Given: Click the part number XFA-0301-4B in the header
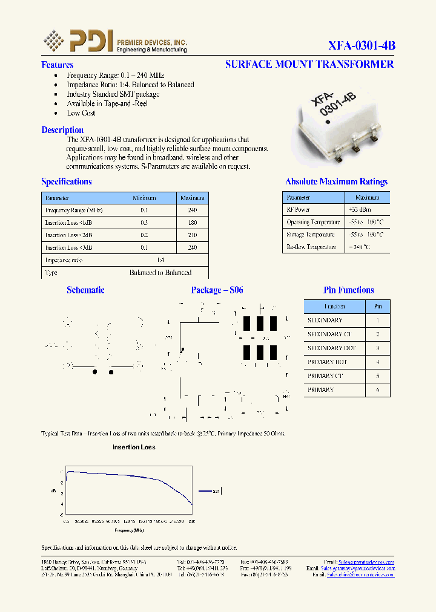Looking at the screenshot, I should pyautogui.click(x=362, y=45).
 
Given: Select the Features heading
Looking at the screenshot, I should pyautogui.click(x=57, y=65).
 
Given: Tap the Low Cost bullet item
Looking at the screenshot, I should pyautogui.click(x=81, y=113).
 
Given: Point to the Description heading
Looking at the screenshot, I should pyautogui.click(x=62, y=130).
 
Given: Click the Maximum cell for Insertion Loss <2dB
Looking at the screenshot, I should pyautogui.click(x=193, y=235).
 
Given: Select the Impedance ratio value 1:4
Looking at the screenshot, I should pyautogui.click(x=160, y=260).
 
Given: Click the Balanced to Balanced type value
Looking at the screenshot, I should pyautogui.click(x=160, y=273).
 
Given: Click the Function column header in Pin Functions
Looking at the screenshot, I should pyautogui.click(x=334, y=307).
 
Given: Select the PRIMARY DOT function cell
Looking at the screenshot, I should pyautogui.click(x=328, y=362).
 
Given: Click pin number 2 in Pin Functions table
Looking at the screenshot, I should pyautogui.click(x=378, y=334).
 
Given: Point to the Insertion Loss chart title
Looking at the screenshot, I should pyautogui.click(x=134, y=448).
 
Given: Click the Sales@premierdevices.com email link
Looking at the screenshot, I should pyautogui.click(x=366, y=562).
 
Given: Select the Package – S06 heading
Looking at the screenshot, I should pyautogui.click(x=217, y=290).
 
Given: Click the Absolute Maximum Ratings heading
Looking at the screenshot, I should pyautogui.click(x=336, y=181).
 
